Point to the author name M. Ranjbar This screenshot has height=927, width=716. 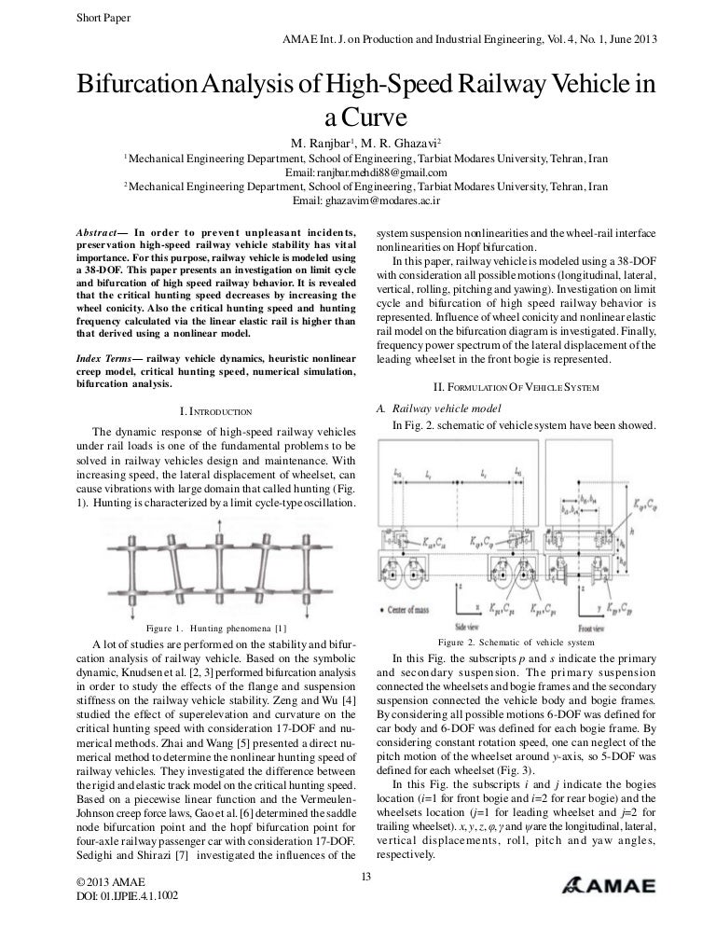point(324,145)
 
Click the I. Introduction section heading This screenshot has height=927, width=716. point(215,410)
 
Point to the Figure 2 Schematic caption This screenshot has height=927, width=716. point(515,643)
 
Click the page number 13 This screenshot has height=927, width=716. point(365,875)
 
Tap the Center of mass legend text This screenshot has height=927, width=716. point(433,607)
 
